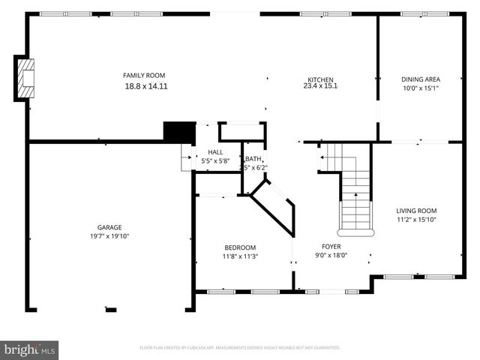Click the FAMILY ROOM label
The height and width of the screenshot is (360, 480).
144,75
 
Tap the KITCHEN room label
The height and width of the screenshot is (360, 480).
320,79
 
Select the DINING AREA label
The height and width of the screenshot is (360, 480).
421,79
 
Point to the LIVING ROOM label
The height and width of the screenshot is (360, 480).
416,211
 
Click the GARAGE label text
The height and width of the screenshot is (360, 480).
109,227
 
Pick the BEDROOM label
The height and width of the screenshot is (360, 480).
240,247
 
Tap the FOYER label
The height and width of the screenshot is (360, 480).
331,246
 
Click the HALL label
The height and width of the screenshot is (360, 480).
214,152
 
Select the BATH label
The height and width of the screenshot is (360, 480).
253,158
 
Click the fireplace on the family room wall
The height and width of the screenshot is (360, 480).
26,78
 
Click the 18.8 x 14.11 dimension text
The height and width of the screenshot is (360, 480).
145,86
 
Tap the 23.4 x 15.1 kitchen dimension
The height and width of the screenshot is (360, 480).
320,86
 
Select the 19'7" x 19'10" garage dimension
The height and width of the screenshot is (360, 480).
109,236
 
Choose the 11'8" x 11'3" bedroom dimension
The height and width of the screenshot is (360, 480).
240,256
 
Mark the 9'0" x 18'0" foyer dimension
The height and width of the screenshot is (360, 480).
331,255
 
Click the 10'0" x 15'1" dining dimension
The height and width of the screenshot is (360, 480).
421,88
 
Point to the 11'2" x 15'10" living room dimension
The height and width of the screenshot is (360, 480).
416,220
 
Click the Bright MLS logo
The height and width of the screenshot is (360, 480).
30,349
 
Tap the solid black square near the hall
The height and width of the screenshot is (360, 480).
179,131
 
